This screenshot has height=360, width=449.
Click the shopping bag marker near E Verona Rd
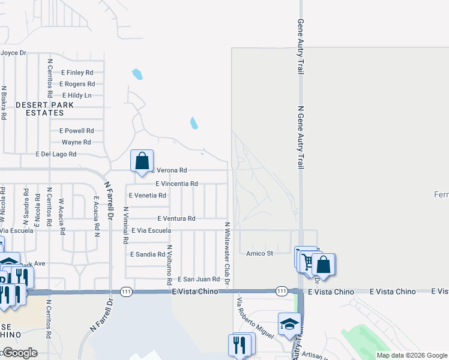[142, 161]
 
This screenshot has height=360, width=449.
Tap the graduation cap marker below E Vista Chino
[289, 324]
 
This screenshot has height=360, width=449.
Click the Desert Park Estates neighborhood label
[45, 109]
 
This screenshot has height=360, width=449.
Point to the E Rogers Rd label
[77, 84]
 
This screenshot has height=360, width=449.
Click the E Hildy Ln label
[77, 95]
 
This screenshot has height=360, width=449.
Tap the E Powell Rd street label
[76, 131]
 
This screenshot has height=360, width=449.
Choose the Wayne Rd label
[76, 142]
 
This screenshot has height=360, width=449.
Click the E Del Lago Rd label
[56, 154]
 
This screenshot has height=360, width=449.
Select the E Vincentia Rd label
[176, 184]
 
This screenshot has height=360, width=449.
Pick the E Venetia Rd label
[147, 196]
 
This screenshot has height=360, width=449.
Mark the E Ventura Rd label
[176, 219]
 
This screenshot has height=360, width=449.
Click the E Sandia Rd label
[148, 254]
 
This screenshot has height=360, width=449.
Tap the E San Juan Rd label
[198, 280]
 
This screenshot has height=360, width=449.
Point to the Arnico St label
[259, 254]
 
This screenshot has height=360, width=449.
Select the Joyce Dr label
[13, 53]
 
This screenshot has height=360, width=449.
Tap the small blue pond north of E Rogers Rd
[137, 74]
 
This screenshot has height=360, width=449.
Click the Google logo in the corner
[19, 353]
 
